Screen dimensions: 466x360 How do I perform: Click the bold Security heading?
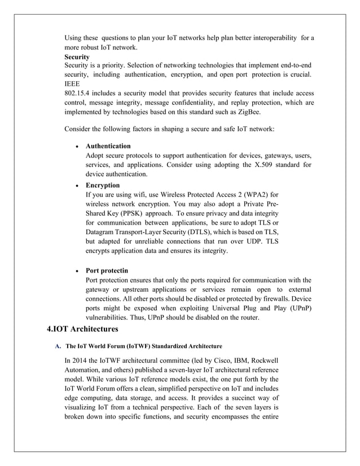pyautogui.click(x=77, y=58)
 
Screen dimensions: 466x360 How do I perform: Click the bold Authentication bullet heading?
pyautogui.click(x=108, y=146)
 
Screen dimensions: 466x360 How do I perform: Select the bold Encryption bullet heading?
pyautogui.click(x=103, y=185)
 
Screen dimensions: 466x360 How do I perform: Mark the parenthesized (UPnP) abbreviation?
pyautogui.click(x=297, y=308)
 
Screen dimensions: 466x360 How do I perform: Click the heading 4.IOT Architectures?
pyautogui.click(x=82, y=329)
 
